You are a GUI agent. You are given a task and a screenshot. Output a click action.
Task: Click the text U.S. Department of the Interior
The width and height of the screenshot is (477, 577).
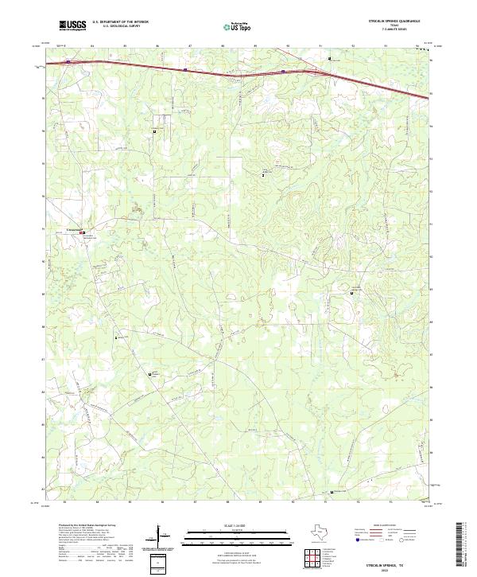coord(120,22)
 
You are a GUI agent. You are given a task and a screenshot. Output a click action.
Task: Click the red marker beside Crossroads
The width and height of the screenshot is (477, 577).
coord(82,232)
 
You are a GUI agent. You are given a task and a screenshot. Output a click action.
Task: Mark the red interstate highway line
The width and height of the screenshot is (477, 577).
coord(238,70)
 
